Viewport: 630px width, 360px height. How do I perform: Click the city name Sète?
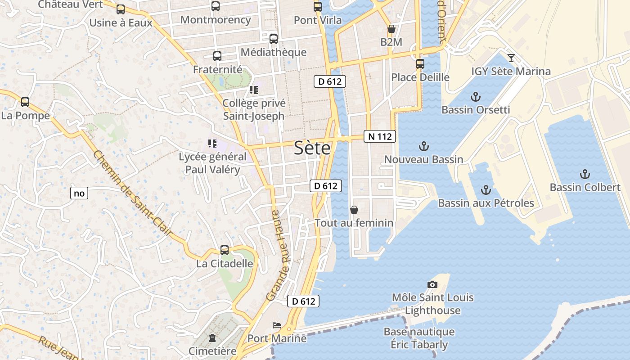[312, 148]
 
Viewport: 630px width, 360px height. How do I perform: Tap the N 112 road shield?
[380, 136]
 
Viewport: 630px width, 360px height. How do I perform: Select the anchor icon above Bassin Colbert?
[585, 174]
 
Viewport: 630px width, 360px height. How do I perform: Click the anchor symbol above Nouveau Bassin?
[423, 146]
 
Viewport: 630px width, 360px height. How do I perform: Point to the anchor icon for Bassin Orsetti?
[475, 96]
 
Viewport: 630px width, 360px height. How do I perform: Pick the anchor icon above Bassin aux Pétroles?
[486, 189]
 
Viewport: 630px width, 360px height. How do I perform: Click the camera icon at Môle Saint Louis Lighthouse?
[432, 284]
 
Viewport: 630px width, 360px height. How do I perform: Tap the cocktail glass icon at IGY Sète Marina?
[511, 58]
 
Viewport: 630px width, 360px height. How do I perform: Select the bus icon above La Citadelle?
[224, 250]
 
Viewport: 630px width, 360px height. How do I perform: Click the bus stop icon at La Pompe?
[25, 102]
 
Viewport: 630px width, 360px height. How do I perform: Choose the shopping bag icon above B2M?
[391, 29]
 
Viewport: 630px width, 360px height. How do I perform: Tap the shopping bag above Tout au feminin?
[354, 210]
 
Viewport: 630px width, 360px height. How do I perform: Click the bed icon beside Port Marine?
[277, 325]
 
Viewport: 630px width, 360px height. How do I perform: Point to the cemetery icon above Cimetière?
[212, 337]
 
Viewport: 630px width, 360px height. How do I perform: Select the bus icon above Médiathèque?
[273, 39]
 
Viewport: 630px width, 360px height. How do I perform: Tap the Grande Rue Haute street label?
[279, 255]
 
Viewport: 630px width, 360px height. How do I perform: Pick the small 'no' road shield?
[79, 193]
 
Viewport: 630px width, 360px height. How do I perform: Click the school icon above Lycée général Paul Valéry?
[212, 144]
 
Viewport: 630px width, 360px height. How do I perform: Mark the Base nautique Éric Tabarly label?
[419, 338]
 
